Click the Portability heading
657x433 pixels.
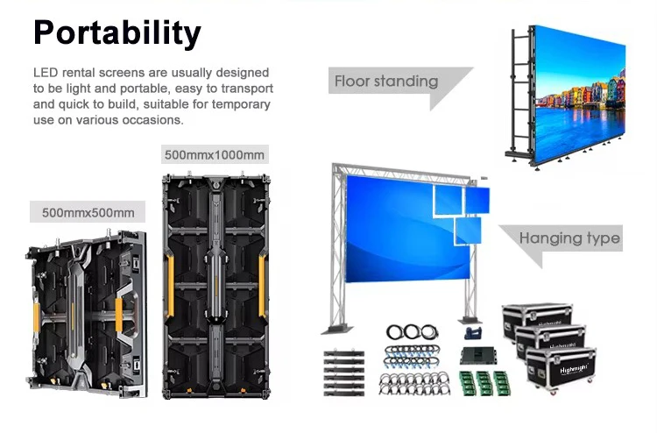(117, 32)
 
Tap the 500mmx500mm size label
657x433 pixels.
(87, 212)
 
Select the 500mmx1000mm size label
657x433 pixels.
(215, 155)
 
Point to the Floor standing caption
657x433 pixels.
(386, 82)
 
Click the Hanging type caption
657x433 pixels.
(569, 238)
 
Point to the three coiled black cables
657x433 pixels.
(413, 332)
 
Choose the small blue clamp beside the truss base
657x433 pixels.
(474, 333)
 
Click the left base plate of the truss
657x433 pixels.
(332, 329)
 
